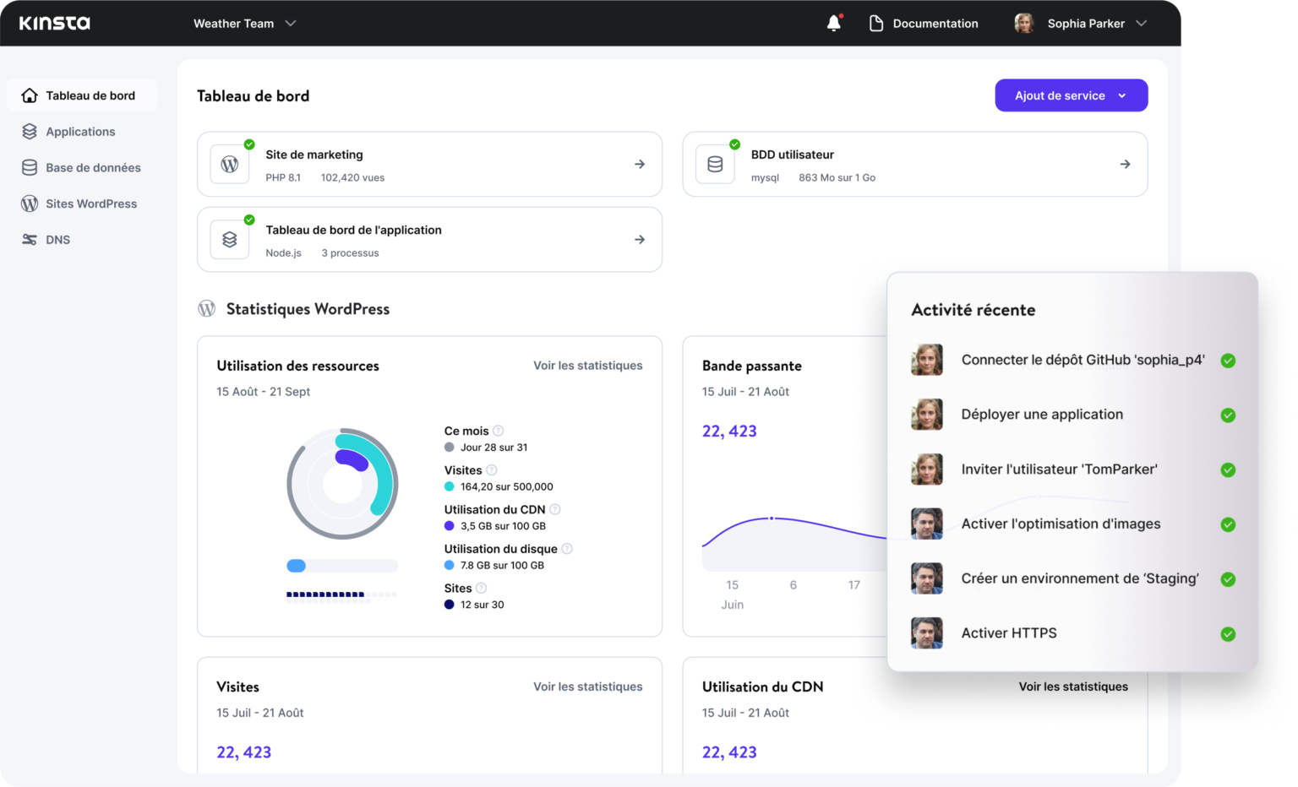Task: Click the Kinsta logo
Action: point(55,23)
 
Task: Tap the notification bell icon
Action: point(834,23)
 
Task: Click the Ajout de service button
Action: point(1071,95)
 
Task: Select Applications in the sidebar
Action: point(80,132)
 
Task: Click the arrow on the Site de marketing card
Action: point(640,164)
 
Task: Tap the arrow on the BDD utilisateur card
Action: point(1125,164)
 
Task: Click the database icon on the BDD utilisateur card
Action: point(715,164)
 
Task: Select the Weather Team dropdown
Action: point(244,24)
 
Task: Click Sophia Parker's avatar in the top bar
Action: point(1024,24)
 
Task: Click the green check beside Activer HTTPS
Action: point(1228,634)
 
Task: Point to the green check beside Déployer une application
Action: point(1228,415)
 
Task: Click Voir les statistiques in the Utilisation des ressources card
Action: point(587,366)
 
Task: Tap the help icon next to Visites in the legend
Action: point(492,470)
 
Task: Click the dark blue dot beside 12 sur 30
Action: point(450,605)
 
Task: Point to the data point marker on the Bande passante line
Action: point(772,518)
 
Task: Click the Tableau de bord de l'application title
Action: point(353,230)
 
